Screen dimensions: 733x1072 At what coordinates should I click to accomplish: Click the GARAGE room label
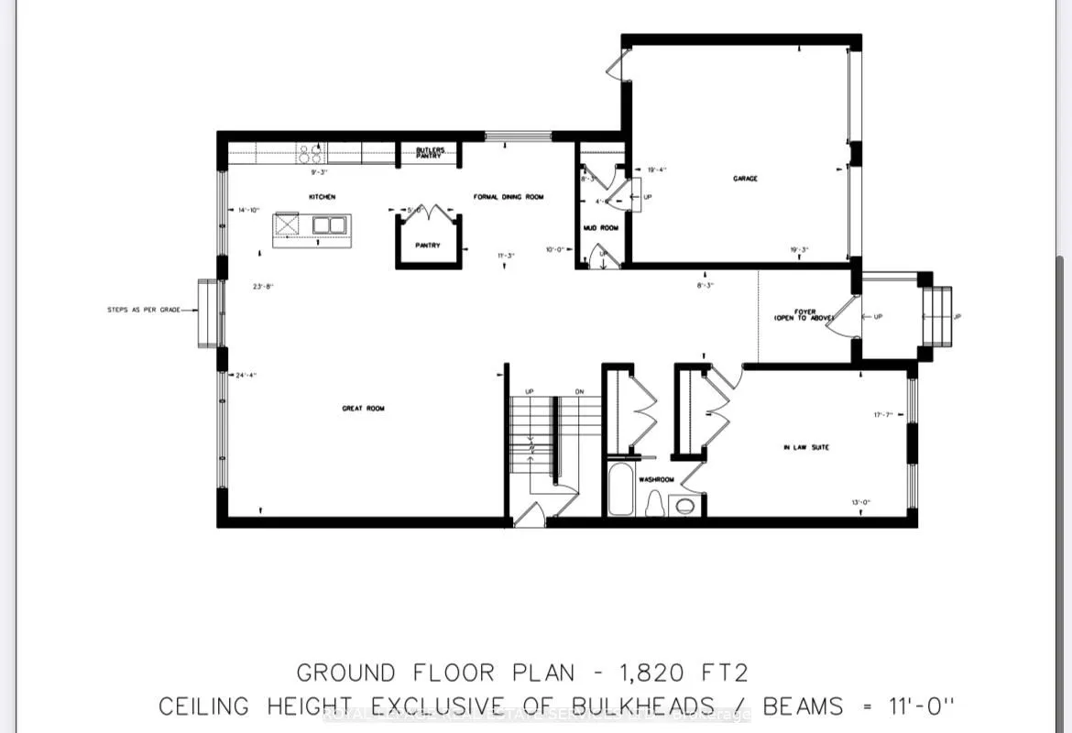point(745,179)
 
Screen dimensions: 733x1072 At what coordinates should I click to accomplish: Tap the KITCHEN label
point(322,197)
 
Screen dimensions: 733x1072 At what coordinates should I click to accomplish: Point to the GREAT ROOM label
point(364,409)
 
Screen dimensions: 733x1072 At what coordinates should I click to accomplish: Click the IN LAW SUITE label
point(806,447)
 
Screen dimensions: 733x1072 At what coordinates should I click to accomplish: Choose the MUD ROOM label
point(601,227)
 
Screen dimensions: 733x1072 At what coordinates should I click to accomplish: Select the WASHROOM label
point(657,478)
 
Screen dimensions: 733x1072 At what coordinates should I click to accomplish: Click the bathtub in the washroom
point(621,492)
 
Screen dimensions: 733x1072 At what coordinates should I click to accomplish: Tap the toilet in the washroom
point(655,503)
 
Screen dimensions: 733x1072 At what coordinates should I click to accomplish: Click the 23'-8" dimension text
point(265,286)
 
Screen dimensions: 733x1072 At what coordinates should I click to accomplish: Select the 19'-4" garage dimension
point(657,170)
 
